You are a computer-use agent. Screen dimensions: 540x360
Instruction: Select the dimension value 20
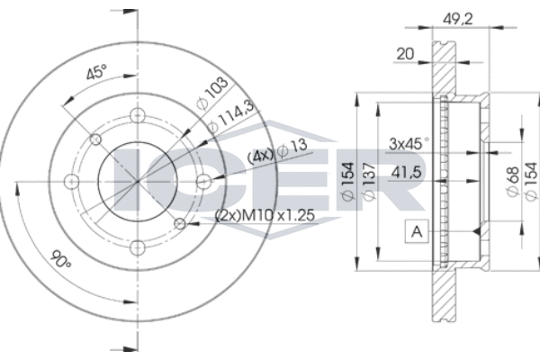(405, 54)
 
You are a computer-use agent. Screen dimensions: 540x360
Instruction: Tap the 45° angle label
(97, 72)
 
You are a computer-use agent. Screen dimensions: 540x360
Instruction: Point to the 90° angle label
(61, 259)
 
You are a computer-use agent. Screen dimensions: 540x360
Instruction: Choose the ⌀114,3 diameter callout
(231, 116)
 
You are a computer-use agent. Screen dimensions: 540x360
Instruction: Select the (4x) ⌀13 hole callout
(277, 151)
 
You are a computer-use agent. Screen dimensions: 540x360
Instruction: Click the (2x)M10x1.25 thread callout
(265, 215)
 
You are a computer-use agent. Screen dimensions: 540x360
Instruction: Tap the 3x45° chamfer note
(409, 143)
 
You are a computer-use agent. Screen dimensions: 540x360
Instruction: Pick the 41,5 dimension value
(407, 172)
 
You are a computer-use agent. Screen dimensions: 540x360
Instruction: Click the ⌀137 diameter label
(368, 181)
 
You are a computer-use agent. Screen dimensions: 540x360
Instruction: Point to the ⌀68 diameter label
(513, 182)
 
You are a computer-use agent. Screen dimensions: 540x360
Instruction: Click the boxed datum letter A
(417, 231)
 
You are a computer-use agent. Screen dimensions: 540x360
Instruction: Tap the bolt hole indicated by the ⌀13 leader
(203, 181)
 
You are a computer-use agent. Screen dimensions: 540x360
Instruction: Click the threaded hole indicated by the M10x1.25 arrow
(179, 223)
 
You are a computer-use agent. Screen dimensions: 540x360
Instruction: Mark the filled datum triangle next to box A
(477, 231)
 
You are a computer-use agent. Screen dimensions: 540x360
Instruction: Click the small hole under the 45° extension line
(95, 139)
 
